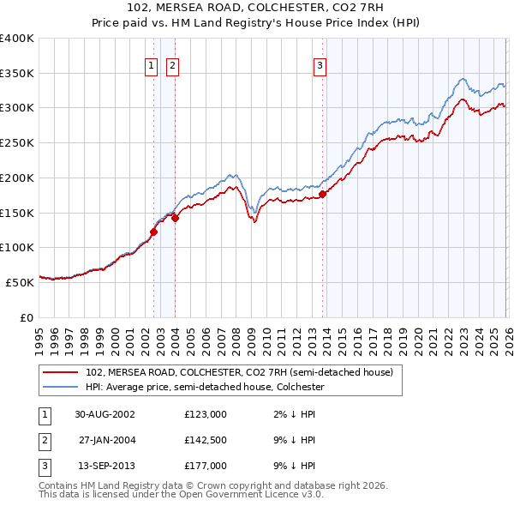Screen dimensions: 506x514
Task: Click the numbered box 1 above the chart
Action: pyautogui.click(x=151, y=64)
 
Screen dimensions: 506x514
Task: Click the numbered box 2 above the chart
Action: pyautogui.click(x=172, y=64)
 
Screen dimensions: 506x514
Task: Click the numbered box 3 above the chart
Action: pyautogui.click(x=320, y=64)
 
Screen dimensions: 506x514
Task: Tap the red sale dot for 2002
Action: pyautogui.click(x=154, y=231)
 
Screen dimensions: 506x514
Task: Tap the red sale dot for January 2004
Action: pyautogui.click(x=175, y=218)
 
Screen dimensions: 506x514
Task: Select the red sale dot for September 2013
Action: pyautogui.click(x=323, y=194)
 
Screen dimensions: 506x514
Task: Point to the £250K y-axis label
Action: pyautogui.click(x=16, y=142)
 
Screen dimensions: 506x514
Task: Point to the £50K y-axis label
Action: pyautogui.click(x=20, y=281)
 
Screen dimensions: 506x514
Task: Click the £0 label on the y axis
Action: pyautogui.click(x=27, y=316)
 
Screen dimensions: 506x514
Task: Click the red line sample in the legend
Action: pyautogui.click(x=60, y=373)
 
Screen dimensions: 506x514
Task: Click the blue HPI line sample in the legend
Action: pyautogui.click(x=60, y=387)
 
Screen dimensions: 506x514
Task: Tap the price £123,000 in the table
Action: pyautogui.click(x=206, y=413)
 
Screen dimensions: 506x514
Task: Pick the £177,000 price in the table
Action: pyautogui.click(x=206, y=467)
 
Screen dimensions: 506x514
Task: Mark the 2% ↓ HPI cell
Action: pyautogui.click(x=292, y=413)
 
